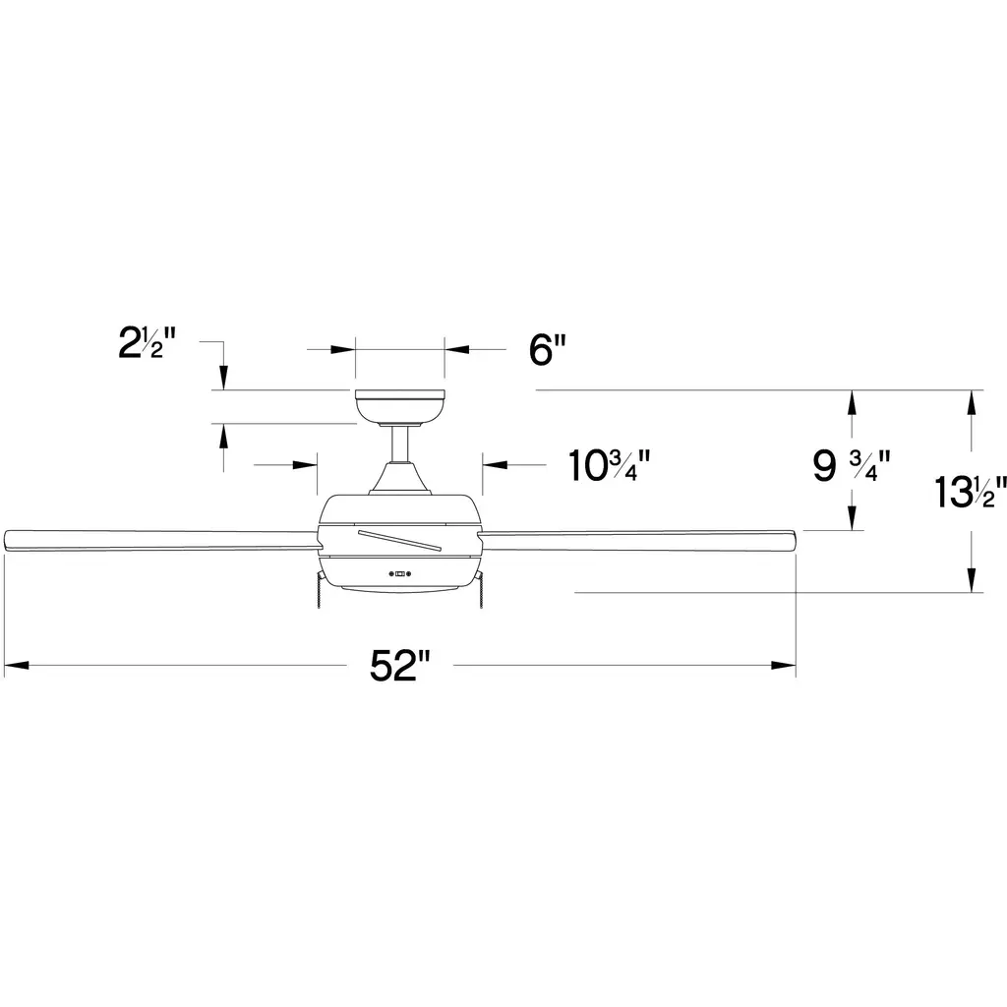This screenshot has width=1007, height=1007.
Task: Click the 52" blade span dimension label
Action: [399, 666]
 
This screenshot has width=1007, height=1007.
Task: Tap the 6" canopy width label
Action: [548, 350]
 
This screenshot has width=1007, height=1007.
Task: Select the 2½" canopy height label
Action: [148, 342]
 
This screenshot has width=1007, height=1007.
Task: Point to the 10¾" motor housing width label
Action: [610, 465]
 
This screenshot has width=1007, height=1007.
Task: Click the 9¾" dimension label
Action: [852, 465]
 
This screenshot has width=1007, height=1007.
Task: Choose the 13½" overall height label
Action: [970, 492]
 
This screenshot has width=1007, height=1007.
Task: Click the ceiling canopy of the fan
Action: [399, 406]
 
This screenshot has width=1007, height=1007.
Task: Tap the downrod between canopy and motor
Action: [399, 444]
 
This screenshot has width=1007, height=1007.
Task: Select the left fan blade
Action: [160, 540]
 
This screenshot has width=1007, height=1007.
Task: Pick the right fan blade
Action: [637, 540]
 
